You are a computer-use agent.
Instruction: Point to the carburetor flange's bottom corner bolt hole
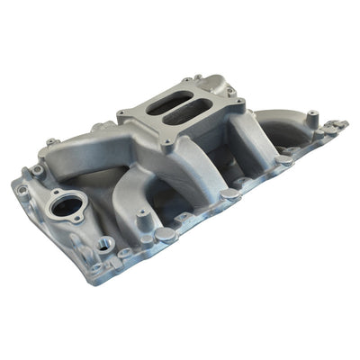tap(166, 143)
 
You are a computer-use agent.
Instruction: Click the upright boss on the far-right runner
tap(311, 117)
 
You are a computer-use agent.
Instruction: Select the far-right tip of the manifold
tap(346, 123)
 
